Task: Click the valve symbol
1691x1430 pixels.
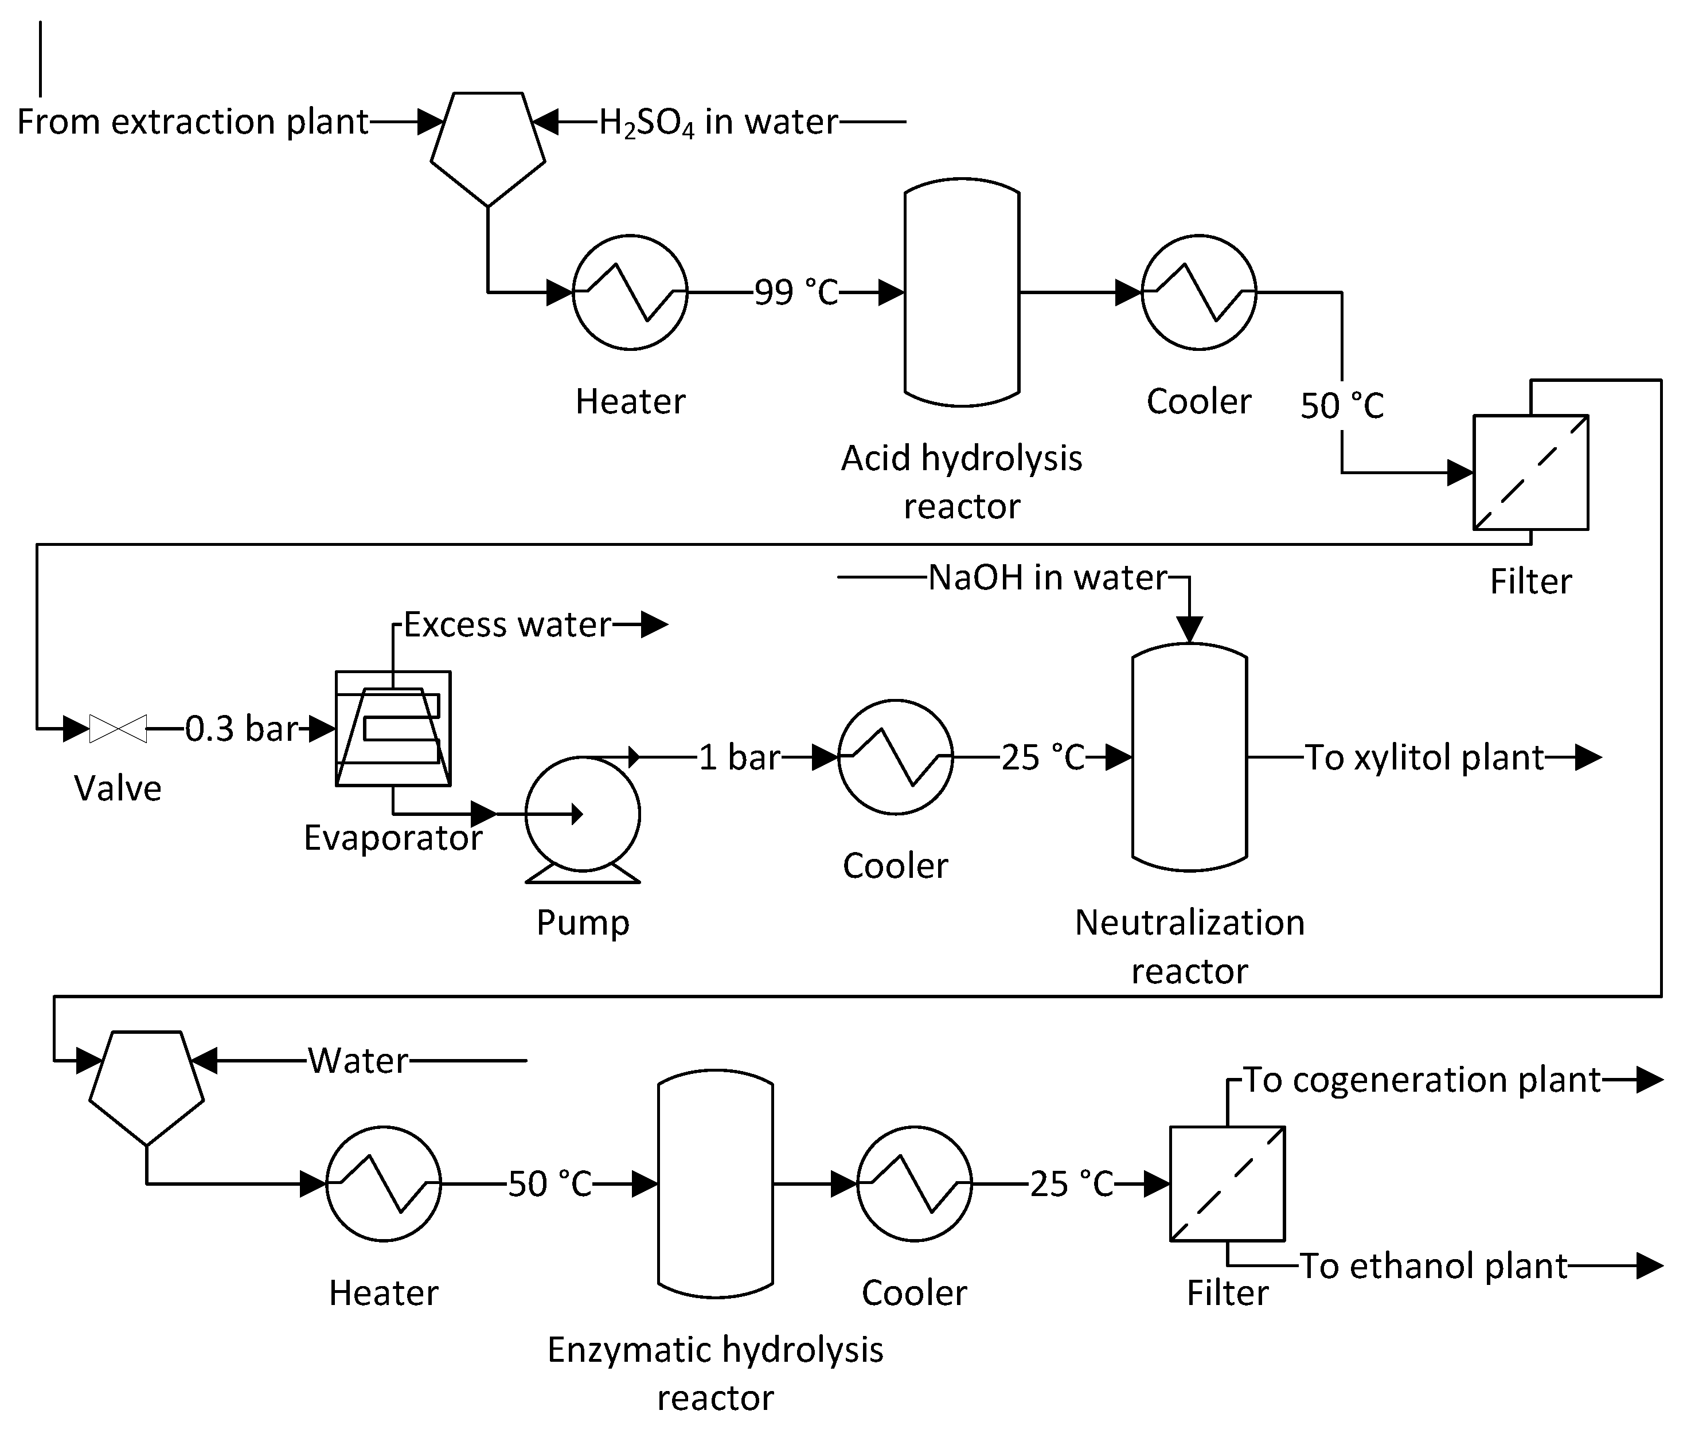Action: (118, 729)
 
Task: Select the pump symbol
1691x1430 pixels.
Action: (582, 815)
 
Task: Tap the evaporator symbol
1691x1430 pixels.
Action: (393, 729)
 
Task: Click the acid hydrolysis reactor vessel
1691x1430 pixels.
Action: (962, 292)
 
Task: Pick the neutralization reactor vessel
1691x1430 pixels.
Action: (1189, 757)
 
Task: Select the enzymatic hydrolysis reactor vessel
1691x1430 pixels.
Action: (715, 1183)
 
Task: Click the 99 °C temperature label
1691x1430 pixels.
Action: (796, 292)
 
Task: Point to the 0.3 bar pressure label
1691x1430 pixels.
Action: (241, 729)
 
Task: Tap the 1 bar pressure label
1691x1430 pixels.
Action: (739, 757)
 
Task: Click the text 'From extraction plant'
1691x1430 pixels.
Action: (193, 122)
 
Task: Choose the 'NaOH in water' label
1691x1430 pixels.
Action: (1048, 577)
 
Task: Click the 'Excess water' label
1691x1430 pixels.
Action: (507, 624)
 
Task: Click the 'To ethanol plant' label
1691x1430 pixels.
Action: (1433, 1265)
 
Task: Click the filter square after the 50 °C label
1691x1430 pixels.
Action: (1530, 472)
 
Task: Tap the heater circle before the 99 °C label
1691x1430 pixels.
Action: (630, 292)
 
